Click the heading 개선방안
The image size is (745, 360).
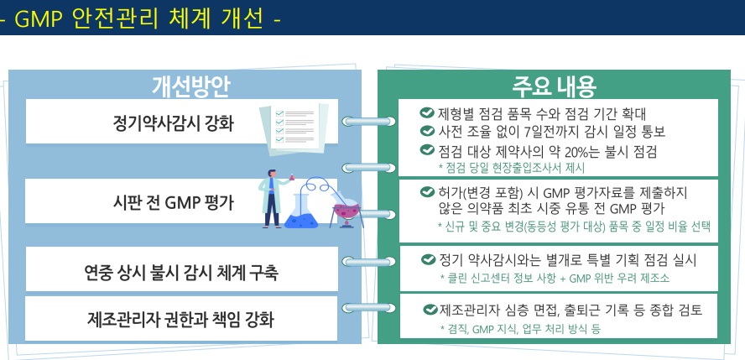(x=191, y=86)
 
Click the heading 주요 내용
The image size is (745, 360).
(x=554, y=86)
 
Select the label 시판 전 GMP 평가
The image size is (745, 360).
(x=173, y=203)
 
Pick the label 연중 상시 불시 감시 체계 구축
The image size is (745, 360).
(x=181, y=273)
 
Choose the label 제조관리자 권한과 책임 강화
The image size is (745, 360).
(x=181, y=319)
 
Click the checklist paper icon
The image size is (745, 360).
(x=294, y=129)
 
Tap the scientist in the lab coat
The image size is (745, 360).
(x=274, y=199)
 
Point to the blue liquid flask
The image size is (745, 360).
(x=301, y=211)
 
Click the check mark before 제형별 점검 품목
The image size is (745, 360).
(x=427, y=113)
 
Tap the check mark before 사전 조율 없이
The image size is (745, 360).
(x=427, y=131)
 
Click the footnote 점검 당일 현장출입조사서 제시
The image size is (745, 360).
(x=511, y=168)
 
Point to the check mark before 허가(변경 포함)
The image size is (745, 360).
(x=427, y=192)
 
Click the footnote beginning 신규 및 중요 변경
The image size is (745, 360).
(x=574, y=227)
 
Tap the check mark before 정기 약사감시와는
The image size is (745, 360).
(x=428, y=259)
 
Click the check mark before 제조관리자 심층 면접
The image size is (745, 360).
(x=430, y=310)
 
